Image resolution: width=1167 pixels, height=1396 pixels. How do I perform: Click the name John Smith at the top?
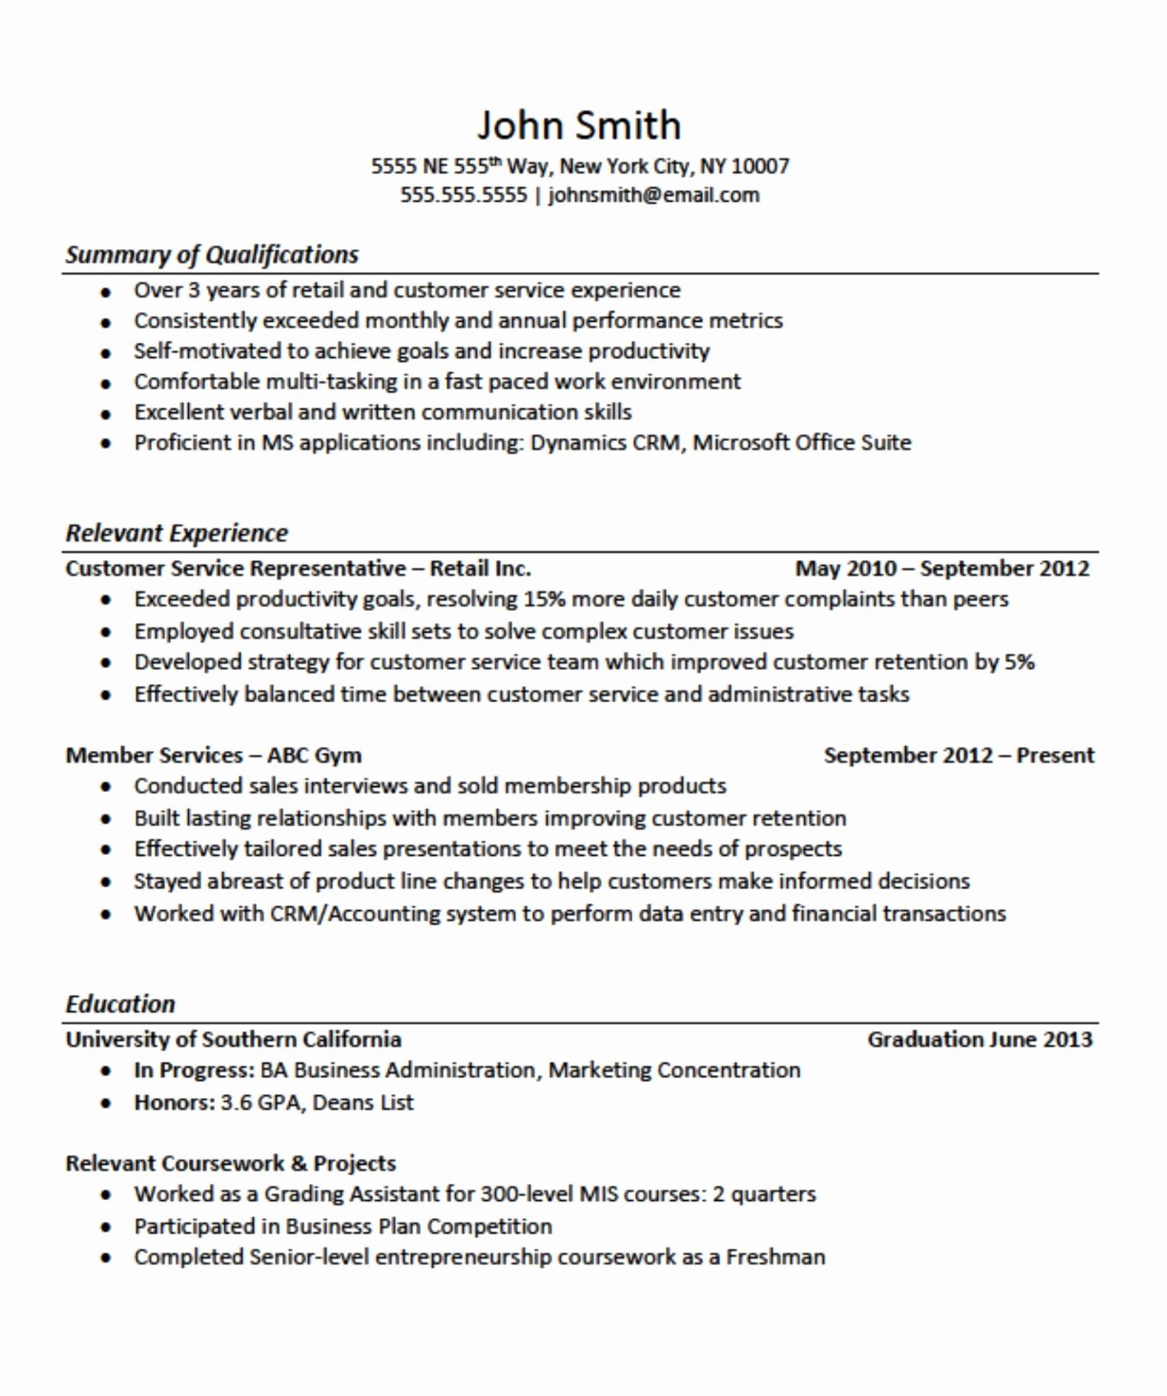pyautogui.click(x=579, y=125)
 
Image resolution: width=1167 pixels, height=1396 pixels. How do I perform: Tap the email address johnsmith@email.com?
pyautogui.click(x=654, y=195)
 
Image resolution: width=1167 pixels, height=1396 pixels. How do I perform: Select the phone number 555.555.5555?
pyautogui.click(x=464, y=195)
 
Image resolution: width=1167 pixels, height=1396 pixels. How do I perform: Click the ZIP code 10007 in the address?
pyautogui.click(x=760, y=166)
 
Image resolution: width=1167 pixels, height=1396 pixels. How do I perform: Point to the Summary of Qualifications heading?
pyautogui.click(x=211, y=255)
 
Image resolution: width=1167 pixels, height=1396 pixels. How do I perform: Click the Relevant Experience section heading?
pyautogui.click(x=177, y=533)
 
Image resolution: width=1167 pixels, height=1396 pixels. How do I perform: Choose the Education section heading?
pyautogui.click(x=120, y=1004)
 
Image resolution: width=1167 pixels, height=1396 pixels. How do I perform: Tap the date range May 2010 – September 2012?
pyautogui.click(x=942, y=569)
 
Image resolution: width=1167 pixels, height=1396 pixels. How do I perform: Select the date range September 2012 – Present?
pyautogui.click(x=958, y=755)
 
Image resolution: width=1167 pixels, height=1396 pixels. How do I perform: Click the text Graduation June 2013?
pyautogui.click(x=980, y=1040)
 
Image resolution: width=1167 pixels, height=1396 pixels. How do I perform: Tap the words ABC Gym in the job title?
pyautogui.click(x=314, y=755)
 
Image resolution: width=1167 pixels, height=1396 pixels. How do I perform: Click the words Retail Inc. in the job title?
pyautogui.click(x=480, y=569)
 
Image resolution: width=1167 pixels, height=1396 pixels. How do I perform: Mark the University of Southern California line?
pyautogui.click(x=233, y=1040)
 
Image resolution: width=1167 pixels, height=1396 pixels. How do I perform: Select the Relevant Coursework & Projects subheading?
pyautogui.click(x=231, y=1163)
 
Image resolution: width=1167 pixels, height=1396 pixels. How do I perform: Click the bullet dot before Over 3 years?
pyautogui.click(x=106, y=292)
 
